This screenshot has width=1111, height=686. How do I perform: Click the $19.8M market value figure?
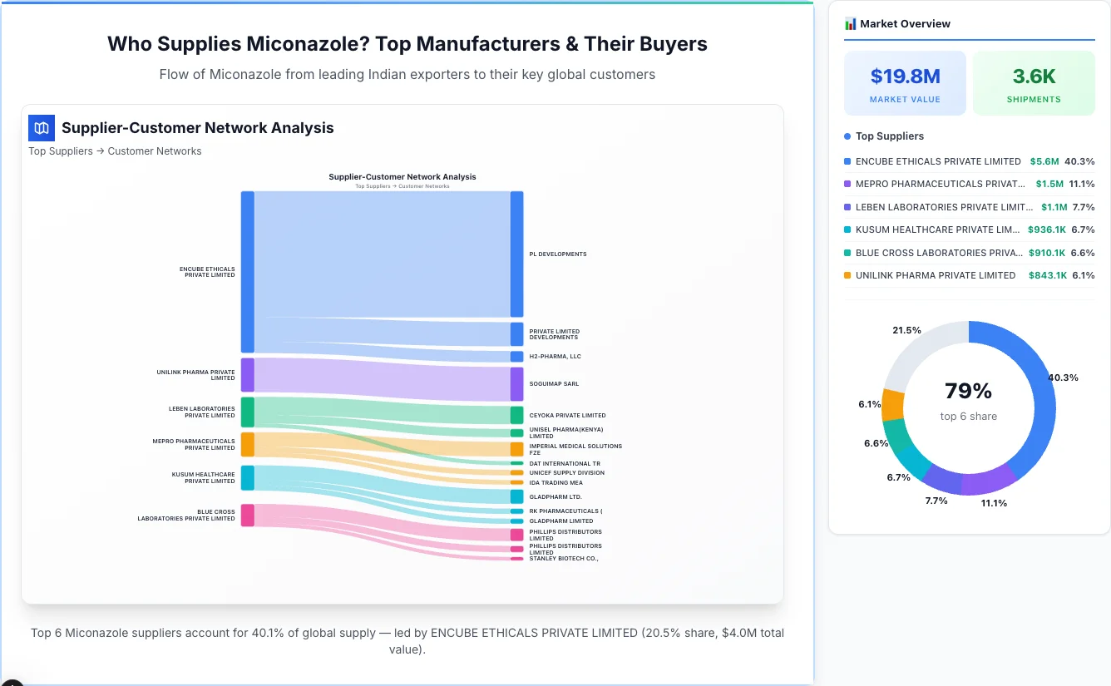pyautogui.click(x=905, y=76)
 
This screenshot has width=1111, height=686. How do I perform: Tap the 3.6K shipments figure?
pyautogui.click(x=1034, y=76)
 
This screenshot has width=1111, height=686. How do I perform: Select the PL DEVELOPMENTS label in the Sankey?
pyautogui.click(x=557, y=254)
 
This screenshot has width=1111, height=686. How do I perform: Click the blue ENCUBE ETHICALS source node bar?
pyautogui.click(x=247, y=271)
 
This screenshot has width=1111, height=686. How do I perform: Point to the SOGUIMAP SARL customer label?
pyautogui.click(x=554, y=384)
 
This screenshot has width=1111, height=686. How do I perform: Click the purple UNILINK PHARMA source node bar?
pyautogui.click(x=247, y=375)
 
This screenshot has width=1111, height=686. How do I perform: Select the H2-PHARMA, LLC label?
pyautogui.click(x=555, y=357)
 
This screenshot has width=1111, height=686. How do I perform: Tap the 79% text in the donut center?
pyautogui.click(x=968, y=391)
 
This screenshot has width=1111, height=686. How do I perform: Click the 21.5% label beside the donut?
pyautogui.click(x=906, y=330)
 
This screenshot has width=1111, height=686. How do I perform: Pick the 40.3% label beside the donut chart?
pyautogui.click(x=1063, y=378)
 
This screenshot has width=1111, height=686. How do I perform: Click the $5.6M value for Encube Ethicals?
pyautogui.click(x=1044, y=161)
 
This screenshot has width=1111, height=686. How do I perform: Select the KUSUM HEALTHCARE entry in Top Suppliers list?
pyautogui.click(x=937, y=229)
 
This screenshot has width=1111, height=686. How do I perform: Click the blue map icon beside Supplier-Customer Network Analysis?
pyautogui.click(x=42, y=128)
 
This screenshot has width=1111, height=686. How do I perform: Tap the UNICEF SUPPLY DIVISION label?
pyautogui.click(x=566, y=473)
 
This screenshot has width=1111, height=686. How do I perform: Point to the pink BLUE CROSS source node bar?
pyautogui.click(x=247, y=516)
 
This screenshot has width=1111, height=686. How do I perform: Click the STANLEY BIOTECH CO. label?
pyautogui.click(x=563, y=559)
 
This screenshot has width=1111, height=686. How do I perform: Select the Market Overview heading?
pyautogui.click(x=905, y=24)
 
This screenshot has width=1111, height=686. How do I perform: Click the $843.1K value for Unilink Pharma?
pyautogui.click(x=1048, y=275)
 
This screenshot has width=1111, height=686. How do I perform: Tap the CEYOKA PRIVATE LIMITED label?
pyautogui.click(x=567, y=416)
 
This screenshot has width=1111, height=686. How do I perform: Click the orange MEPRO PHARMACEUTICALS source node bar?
pyautogui.click(x=247, y=444)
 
